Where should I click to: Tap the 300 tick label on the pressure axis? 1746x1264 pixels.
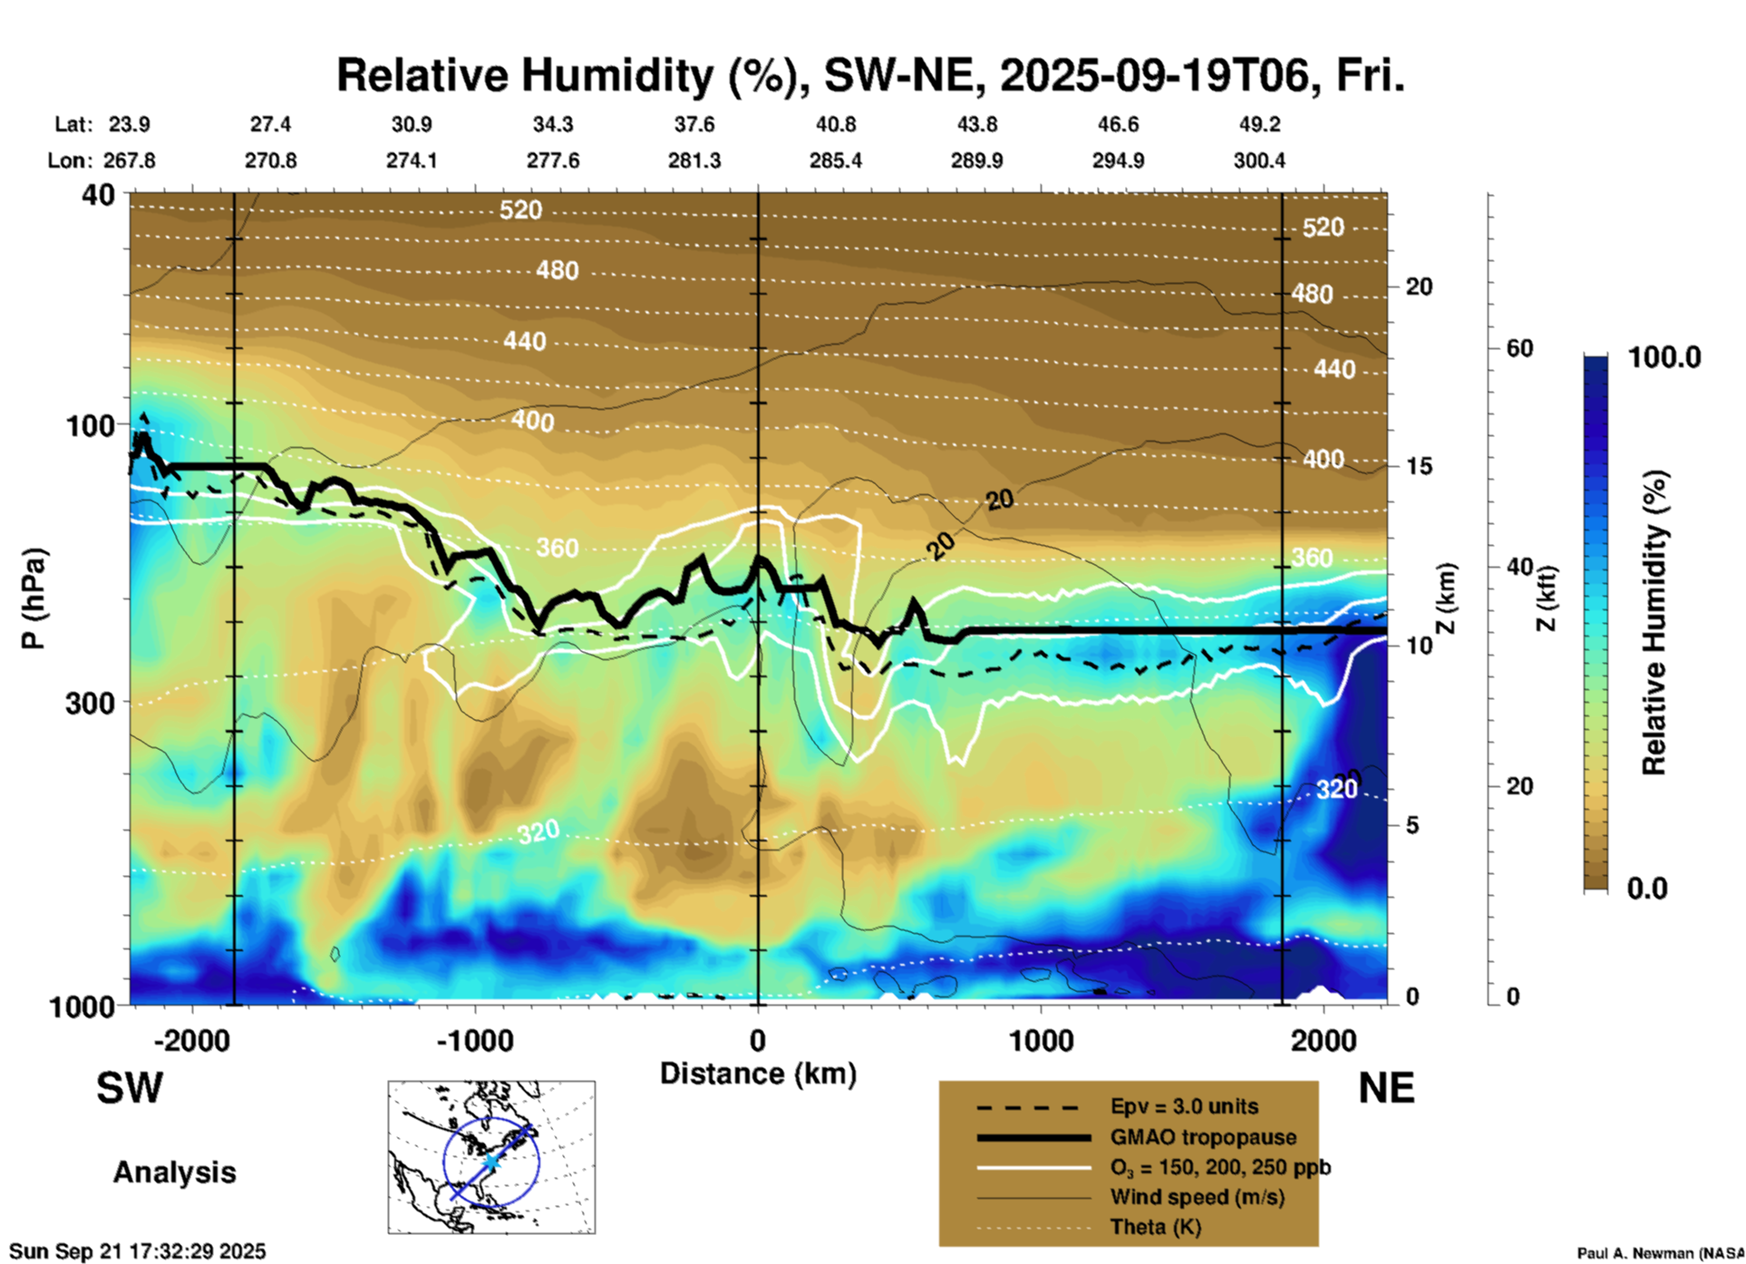(x=91, y=703)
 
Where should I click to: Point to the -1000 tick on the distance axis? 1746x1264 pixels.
(x=475, y=1040)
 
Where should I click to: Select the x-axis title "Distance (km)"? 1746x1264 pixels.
(x=758, y=1074)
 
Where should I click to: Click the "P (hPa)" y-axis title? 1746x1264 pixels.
(x=34, y=598)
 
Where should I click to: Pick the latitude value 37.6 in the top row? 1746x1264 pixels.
(x=694, y=124)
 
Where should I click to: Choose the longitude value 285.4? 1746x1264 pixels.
(x=835, y=160)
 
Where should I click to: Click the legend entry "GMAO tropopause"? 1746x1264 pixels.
(x=1203, y=1137)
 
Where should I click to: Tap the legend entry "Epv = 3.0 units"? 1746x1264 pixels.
(x=1184, y=1106)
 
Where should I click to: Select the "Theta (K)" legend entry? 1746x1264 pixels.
(x=1155, y=1227)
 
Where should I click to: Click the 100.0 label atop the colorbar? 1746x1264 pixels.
(x=1664, y=357)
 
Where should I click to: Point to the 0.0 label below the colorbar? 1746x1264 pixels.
(x=1647, y=889)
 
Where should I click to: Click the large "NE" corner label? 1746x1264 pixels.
(x=1386, y=1089)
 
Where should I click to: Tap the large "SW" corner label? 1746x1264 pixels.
(x=130, y=1089)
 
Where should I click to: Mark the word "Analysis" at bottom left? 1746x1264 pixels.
(x=174, y=1172)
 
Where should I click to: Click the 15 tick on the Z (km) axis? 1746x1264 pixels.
(x=1419, y=466)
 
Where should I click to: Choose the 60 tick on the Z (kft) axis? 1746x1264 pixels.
(x=1519, y=349)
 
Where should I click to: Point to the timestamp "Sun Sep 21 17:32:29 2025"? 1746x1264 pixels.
(x=138, y=1251)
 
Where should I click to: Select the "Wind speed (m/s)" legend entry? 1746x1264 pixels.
(x=1197, y=1197)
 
